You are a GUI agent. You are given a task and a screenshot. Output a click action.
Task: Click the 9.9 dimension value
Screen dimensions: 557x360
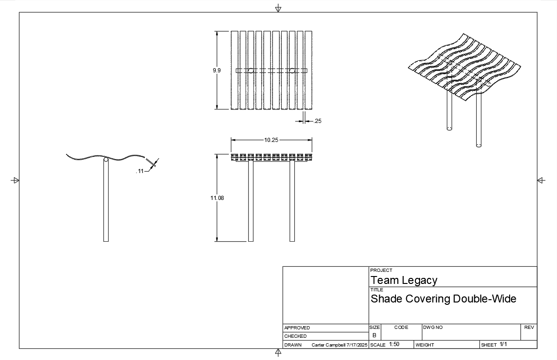pos(217,71)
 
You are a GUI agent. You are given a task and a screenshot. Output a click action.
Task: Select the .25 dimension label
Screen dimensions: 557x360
pos(317,121)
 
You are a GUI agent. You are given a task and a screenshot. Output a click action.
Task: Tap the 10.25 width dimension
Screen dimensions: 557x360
pos(271,140)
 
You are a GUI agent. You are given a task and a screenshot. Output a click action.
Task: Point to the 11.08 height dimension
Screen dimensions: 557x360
pos(217,198)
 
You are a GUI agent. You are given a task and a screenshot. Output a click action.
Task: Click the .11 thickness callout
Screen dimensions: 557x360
pos(140,171)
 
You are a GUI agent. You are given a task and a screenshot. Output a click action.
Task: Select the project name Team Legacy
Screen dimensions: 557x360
pos(404,280)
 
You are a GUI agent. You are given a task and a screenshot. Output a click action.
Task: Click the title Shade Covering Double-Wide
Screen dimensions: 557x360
pos(443,299)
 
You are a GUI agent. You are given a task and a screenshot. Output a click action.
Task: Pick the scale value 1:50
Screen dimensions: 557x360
pos(394,344)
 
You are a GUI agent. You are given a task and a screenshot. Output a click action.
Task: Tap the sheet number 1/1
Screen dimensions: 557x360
pos(504,344)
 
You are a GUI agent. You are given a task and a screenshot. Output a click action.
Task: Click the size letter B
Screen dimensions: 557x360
pos(375,335)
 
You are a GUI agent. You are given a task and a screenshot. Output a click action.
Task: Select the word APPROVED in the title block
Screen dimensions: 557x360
pos(297,328)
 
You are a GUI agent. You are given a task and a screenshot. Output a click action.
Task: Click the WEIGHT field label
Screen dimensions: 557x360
pos(425,345)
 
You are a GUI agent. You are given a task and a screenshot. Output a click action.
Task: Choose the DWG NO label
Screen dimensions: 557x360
pos(433,328)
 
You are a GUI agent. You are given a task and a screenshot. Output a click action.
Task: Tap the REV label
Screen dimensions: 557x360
pos(529,328)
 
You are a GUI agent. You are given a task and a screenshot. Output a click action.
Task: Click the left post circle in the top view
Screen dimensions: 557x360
pos(251,71)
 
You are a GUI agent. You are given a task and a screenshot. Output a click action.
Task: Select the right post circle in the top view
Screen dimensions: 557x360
pos(292,71)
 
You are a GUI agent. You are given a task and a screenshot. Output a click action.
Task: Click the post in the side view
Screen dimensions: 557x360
pos(106,199)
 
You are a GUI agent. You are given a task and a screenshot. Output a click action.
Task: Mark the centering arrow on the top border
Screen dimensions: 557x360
pos(278,8)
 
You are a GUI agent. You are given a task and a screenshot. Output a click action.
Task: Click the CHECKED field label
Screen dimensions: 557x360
pos(295,336)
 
